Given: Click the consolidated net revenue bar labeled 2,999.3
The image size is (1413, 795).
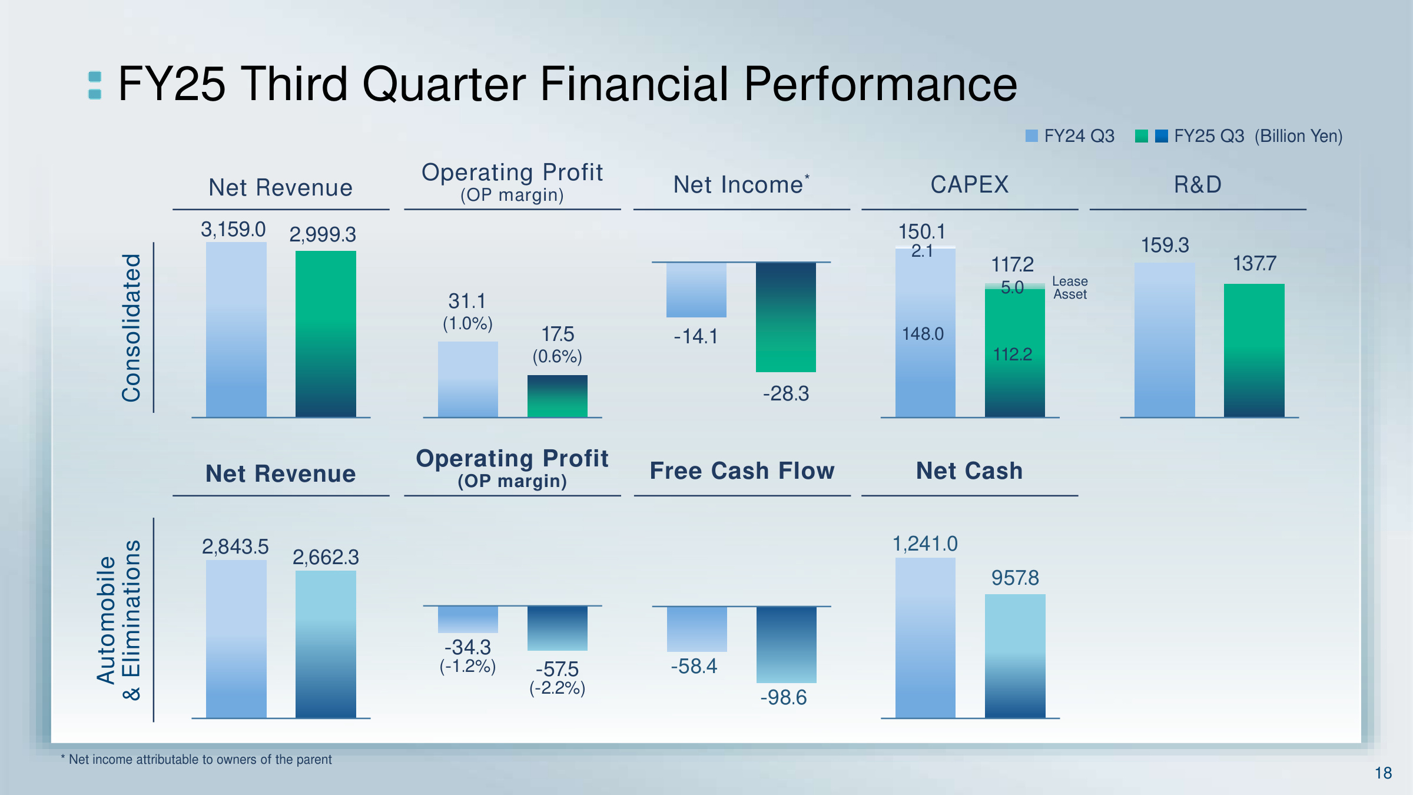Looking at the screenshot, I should pos(326,334).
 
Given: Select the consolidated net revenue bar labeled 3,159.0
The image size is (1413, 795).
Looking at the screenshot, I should pos(236,330).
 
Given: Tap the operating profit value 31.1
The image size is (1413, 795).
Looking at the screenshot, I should pos(467,301).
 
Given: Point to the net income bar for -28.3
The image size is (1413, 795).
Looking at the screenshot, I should pos(785,317).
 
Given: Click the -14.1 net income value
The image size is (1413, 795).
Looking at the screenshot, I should pos(696,336).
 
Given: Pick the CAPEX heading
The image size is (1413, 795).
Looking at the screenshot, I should pos(969,185).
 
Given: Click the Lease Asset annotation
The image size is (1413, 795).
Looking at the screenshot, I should pos(1070,288).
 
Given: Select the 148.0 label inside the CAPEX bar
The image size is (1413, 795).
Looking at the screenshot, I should pos(923,334).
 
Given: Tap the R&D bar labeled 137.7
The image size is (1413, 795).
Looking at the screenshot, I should pos(1254,350).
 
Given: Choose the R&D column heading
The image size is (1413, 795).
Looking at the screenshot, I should pos(1198,185).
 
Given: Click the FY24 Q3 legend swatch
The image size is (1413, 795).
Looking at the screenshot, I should pos(1031,136).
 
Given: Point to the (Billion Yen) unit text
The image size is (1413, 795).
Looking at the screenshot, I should pos(1298,136).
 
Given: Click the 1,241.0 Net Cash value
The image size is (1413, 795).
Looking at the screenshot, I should pos(925,544).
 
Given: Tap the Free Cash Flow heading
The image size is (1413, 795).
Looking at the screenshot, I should pos(742,471).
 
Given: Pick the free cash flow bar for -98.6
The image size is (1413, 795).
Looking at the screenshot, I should pos(786,644).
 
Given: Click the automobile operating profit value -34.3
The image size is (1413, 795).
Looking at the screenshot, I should pos(467,647).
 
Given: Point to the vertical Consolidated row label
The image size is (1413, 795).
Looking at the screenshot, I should pos(131,328).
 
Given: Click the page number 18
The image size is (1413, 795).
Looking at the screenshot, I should pos(1383,773).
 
